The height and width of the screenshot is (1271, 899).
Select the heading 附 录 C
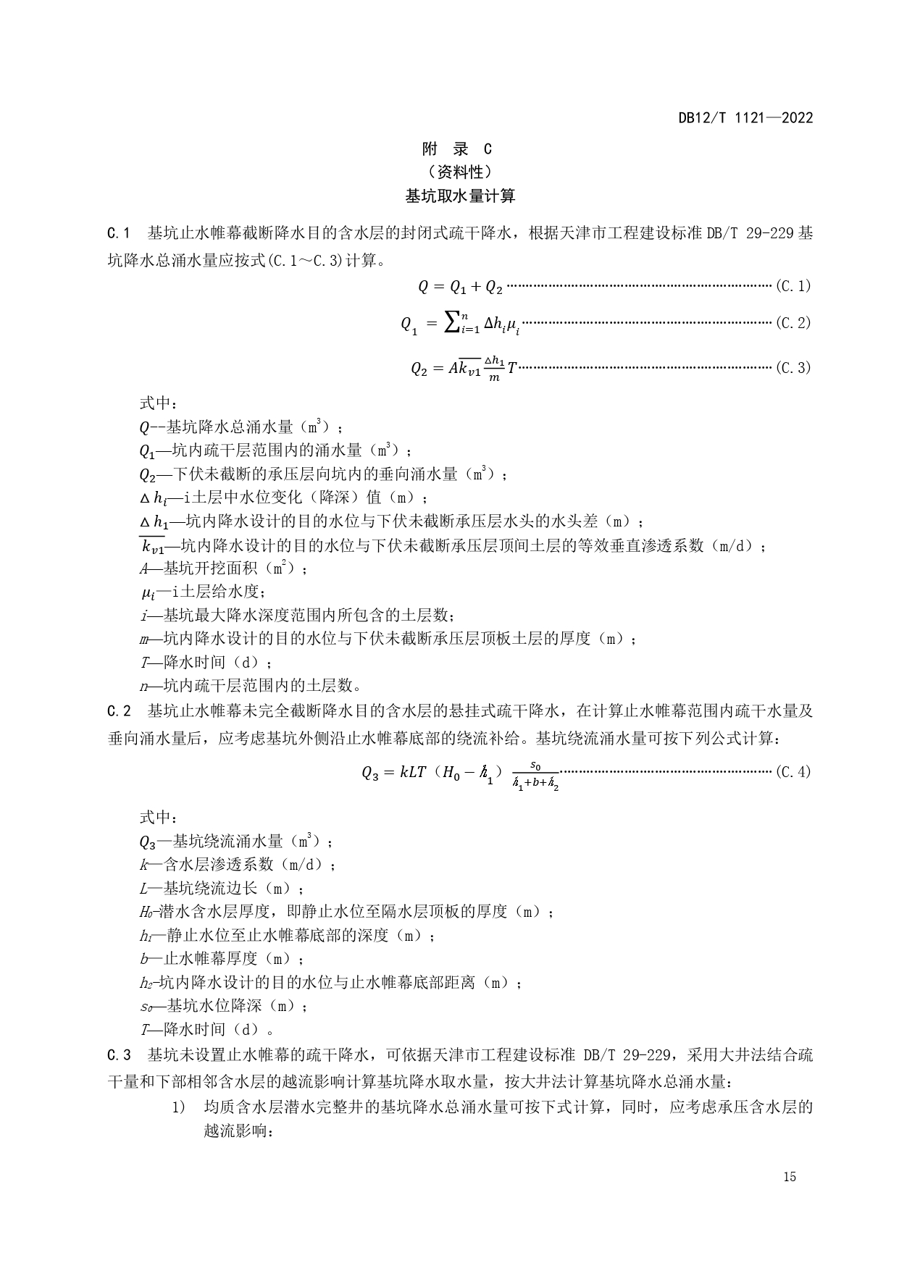[x=456, y=149]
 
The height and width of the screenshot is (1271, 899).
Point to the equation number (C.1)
[x=793, y=286]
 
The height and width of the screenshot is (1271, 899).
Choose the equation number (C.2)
[x=793, y=323]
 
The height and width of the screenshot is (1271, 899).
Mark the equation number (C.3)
[x=793, y=368]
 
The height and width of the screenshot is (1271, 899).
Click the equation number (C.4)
[x=793, y=772]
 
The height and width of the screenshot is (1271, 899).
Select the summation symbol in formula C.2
[x=451, y=323]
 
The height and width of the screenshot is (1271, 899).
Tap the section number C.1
[x=118, y=233]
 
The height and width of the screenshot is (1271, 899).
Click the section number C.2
[x=118, y=710]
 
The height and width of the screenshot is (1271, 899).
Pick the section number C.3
[x=118, y=1054]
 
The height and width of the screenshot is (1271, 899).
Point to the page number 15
[x=790, y=1177]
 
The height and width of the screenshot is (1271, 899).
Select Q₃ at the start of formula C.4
[x=370, y=773]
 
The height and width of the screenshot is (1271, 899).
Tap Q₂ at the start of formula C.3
[x=419, y=369]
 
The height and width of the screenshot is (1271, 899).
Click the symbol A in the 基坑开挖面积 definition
[x=144, y=569]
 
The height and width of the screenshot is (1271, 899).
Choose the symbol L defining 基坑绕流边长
[x=144, y=889]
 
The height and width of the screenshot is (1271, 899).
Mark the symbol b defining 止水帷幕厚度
[x=144, y=959]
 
